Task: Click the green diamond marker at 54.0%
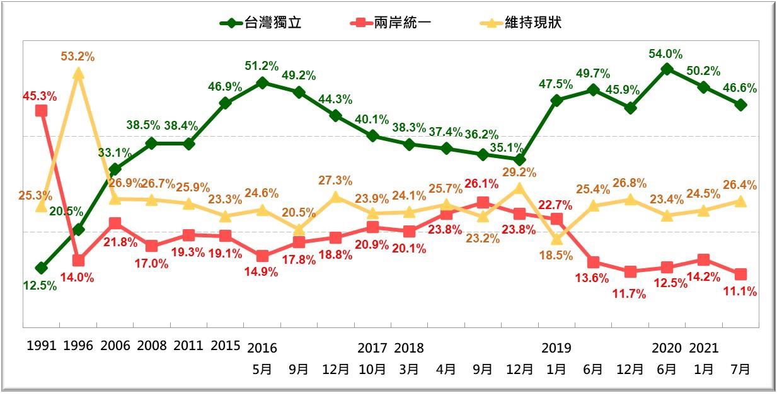pos(667,69)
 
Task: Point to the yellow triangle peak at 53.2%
pos(78,74)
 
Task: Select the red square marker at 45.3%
pos(41,111)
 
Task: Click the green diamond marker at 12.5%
pos(41,268)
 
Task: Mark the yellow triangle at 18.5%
pos(556,239)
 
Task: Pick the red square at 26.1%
pos(483,202)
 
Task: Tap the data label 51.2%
pos(262,65)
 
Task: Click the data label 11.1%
pos(740,292)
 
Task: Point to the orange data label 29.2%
pos(520,172)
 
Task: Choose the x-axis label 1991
pos(42,346)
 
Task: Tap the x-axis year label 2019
pos(556,348)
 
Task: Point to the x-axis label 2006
pos(115,346)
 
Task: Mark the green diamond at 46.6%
pos(741,105)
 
